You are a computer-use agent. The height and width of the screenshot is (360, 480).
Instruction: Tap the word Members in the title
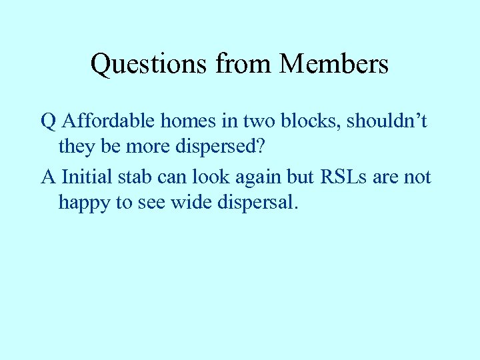[x=334, y=64]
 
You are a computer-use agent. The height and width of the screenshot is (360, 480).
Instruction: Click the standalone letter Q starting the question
[x=48, y=122]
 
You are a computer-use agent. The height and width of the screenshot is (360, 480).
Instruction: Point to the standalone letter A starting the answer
[x=48, y=177]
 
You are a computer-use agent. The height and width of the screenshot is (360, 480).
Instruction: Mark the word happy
[x=85, y=203]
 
